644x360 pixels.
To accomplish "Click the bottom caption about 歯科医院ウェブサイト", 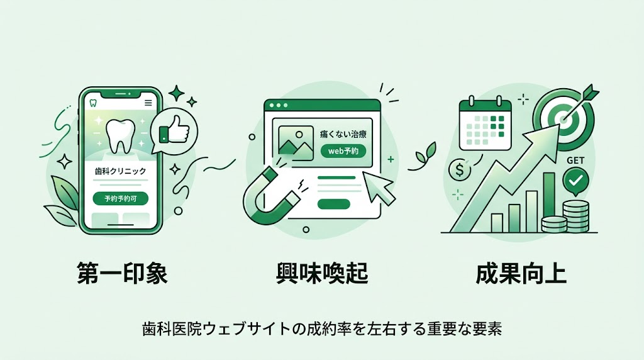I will pyautogui.click(x=321, y=329).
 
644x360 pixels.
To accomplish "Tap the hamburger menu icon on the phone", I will pyautogui.click(x=148, y=103).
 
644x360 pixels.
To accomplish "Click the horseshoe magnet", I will pyautogui.click(x=267, y=193).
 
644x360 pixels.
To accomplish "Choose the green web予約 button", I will pyautogui.click(x=343, y=151).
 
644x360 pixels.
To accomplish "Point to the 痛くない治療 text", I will pyautogui.click(x=343, y=134).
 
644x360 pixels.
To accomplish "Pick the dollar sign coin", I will pyautogui.click(x=460, y=169).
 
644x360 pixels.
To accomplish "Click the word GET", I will pyautogui.click(x=575, y=160).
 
